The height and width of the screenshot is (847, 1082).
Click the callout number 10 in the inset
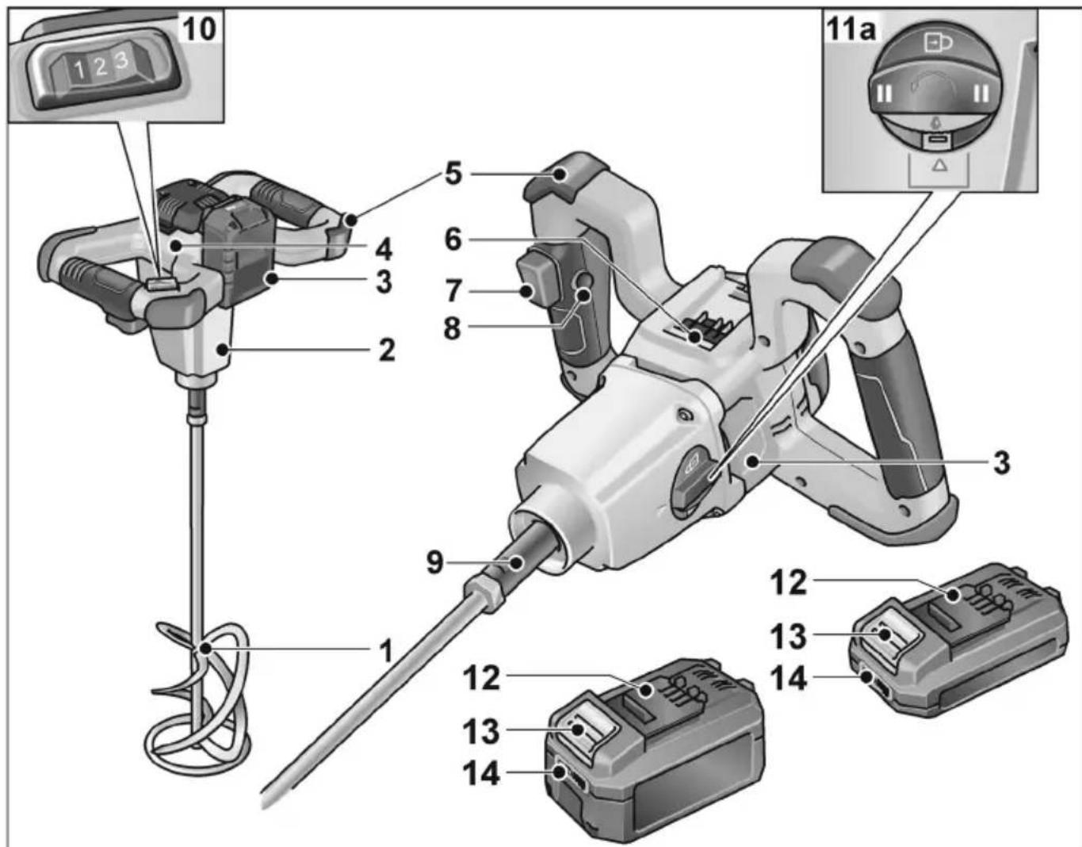tap(200, 29)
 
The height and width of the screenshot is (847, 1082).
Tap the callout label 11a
tap(851, 29)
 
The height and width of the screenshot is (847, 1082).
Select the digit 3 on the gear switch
tap(121, 61)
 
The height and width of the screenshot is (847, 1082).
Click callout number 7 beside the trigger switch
tap(453, 291)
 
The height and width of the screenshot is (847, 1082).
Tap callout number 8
tap(452, 328)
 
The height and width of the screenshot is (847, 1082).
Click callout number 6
tap(453, 240)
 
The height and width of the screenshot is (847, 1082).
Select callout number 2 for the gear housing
tap(386, 350)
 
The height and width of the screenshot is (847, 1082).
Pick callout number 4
tap(384, 250)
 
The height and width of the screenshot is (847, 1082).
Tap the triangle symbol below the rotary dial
tap(939, 165)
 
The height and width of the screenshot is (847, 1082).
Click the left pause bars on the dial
tap(885, 93)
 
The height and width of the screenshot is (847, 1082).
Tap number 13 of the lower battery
tap(481, 731)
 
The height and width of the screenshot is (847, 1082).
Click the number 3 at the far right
tap(1002, 462)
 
